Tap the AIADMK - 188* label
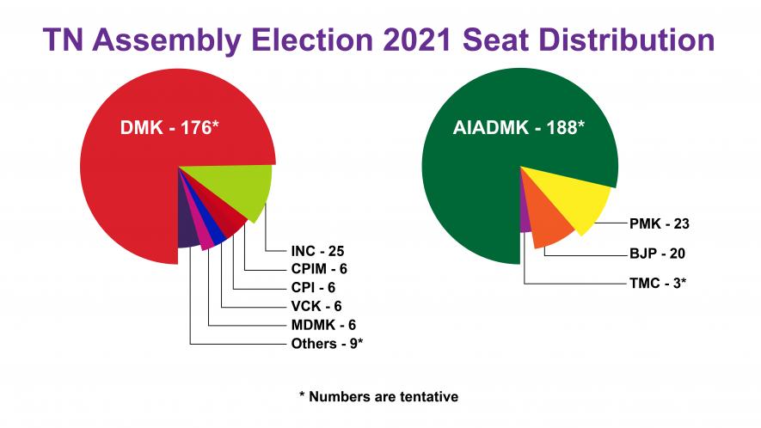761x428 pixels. pos(519,129)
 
